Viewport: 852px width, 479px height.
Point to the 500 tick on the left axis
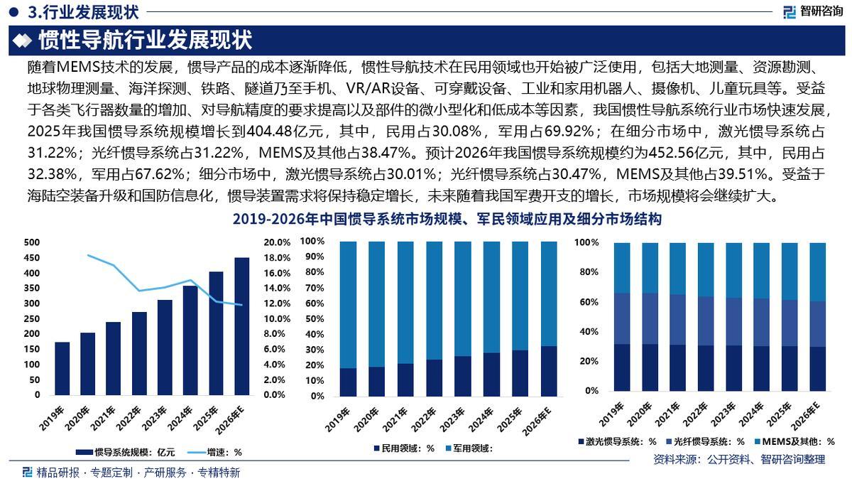[32, 242]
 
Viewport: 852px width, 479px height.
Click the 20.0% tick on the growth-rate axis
[277, 242]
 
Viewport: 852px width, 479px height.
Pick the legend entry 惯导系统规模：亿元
[127, 451]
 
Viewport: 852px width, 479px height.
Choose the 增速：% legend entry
[214, 451]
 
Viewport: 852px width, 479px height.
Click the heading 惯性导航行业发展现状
[145, 41]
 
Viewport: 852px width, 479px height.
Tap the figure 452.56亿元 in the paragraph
[682, 152]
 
